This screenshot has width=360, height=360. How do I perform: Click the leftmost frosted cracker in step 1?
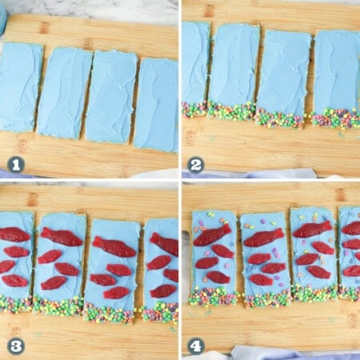click(x=20, y=86)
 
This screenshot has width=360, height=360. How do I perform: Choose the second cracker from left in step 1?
click(x=64, y=92)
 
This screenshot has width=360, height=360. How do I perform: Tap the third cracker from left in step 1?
click(x=111, y=96)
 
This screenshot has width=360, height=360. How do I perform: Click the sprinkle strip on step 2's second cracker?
click(x=232, y=111)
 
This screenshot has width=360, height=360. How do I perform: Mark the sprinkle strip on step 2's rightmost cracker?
click(x=335, y=118)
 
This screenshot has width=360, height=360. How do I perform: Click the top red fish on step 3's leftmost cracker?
click(x=13, y=234)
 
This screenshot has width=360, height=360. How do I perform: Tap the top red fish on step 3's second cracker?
click(x=62, y=237)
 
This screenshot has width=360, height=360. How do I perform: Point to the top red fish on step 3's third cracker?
click(x=114, y=246)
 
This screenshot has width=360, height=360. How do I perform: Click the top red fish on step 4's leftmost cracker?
click(x=212, y=235)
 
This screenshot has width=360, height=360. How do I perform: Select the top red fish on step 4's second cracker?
click(x=263, y=238)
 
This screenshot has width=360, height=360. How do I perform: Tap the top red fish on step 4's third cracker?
click(x=312, y=230)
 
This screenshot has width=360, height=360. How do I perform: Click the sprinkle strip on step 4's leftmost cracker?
click(x=213, y=297)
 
